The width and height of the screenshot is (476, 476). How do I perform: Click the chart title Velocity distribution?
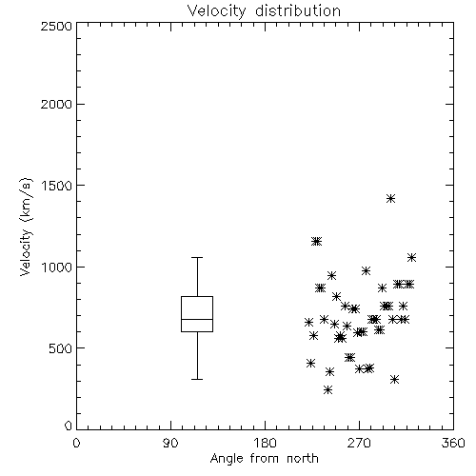point(264,11)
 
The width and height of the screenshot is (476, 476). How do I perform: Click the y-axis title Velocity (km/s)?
point(26,227)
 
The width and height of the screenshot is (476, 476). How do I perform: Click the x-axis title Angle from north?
point(264,459)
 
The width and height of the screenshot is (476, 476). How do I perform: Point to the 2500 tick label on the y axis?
point(56,26)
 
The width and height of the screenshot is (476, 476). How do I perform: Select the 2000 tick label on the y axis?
point(56,105)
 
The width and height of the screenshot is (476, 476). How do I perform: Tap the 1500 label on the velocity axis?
point(57,186)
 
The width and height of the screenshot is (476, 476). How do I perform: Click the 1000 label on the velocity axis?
point(57,268)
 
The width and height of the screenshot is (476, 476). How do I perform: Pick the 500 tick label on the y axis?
point(61,348)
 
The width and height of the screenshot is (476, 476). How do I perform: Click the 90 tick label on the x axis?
point(170,443)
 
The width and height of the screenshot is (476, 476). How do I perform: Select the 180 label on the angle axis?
point(265,443)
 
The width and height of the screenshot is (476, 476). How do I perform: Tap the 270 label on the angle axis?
point(359,443)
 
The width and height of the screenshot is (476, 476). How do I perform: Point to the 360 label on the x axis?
point(453,443)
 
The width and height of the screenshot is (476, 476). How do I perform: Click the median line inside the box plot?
point(197,319)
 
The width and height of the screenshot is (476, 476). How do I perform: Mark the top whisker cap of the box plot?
point(197,257)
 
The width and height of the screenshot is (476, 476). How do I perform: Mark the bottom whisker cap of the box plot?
point(197,379)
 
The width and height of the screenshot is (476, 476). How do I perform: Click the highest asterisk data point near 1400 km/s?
point(390,199)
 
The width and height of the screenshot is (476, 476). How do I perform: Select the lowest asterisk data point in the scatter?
point(328,390)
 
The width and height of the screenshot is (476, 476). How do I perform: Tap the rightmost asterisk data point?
point(411,258)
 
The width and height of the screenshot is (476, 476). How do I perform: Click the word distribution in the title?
point(298,11)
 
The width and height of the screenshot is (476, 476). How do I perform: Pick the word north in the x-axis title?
point(303,459)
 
